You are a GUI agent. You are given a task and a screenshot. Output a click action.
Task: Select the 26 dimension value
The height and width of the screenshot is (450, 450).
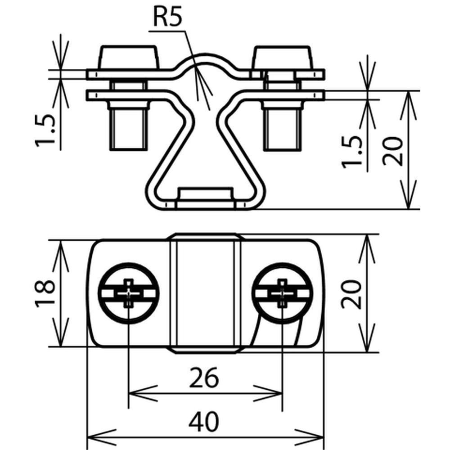(x=205, y=378)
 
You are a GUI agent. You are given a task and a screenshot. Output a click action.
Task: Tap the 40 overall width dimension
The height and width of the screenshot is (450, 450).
(x=205, y=422)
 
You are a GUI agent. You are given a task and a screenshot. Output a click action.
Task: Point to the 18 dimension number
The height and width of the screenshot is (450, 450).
(x=45, y=293)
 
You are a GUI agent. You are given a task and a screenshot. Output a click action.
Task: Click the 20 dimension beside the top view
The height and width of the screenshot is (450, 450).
(x=351, y=293)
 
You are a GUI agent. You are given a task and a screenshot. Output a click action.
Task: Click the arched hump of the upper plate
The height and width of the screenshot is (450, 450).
(x=205, y=61)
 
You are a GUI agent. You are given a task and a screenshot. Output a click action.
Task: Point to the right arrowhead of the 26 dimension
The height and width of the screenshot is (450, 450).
(x=276, y=392)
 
